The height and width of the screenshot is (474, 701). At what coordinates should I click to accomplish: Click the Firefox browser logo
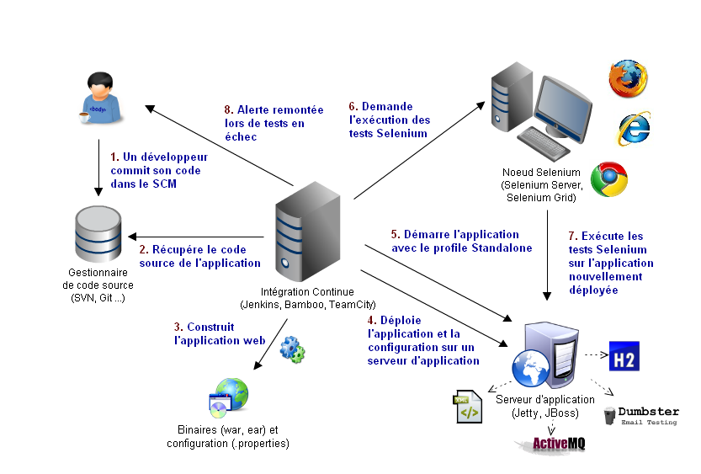pyautogui.click(x=629, y=78)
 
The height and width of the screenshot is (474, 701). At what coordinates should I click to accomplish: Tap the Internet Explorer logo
pyautogui.click(x=634, y=128)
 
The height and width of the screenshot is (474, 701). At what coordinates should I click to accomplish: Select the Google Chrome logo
pyautogui.click(x=608, y=179)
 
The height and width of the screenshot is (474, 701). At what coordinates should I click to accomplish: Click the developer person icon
pyautogui.click(x=98, y=97)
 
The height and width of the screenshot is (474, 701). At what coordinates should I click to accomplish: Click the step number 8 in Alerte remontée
pyautogui.click(x=227, y=109)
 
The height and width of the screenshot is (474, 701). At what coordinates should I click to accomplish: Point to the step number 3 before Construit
pyautogui.click(x=178, y=328)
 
